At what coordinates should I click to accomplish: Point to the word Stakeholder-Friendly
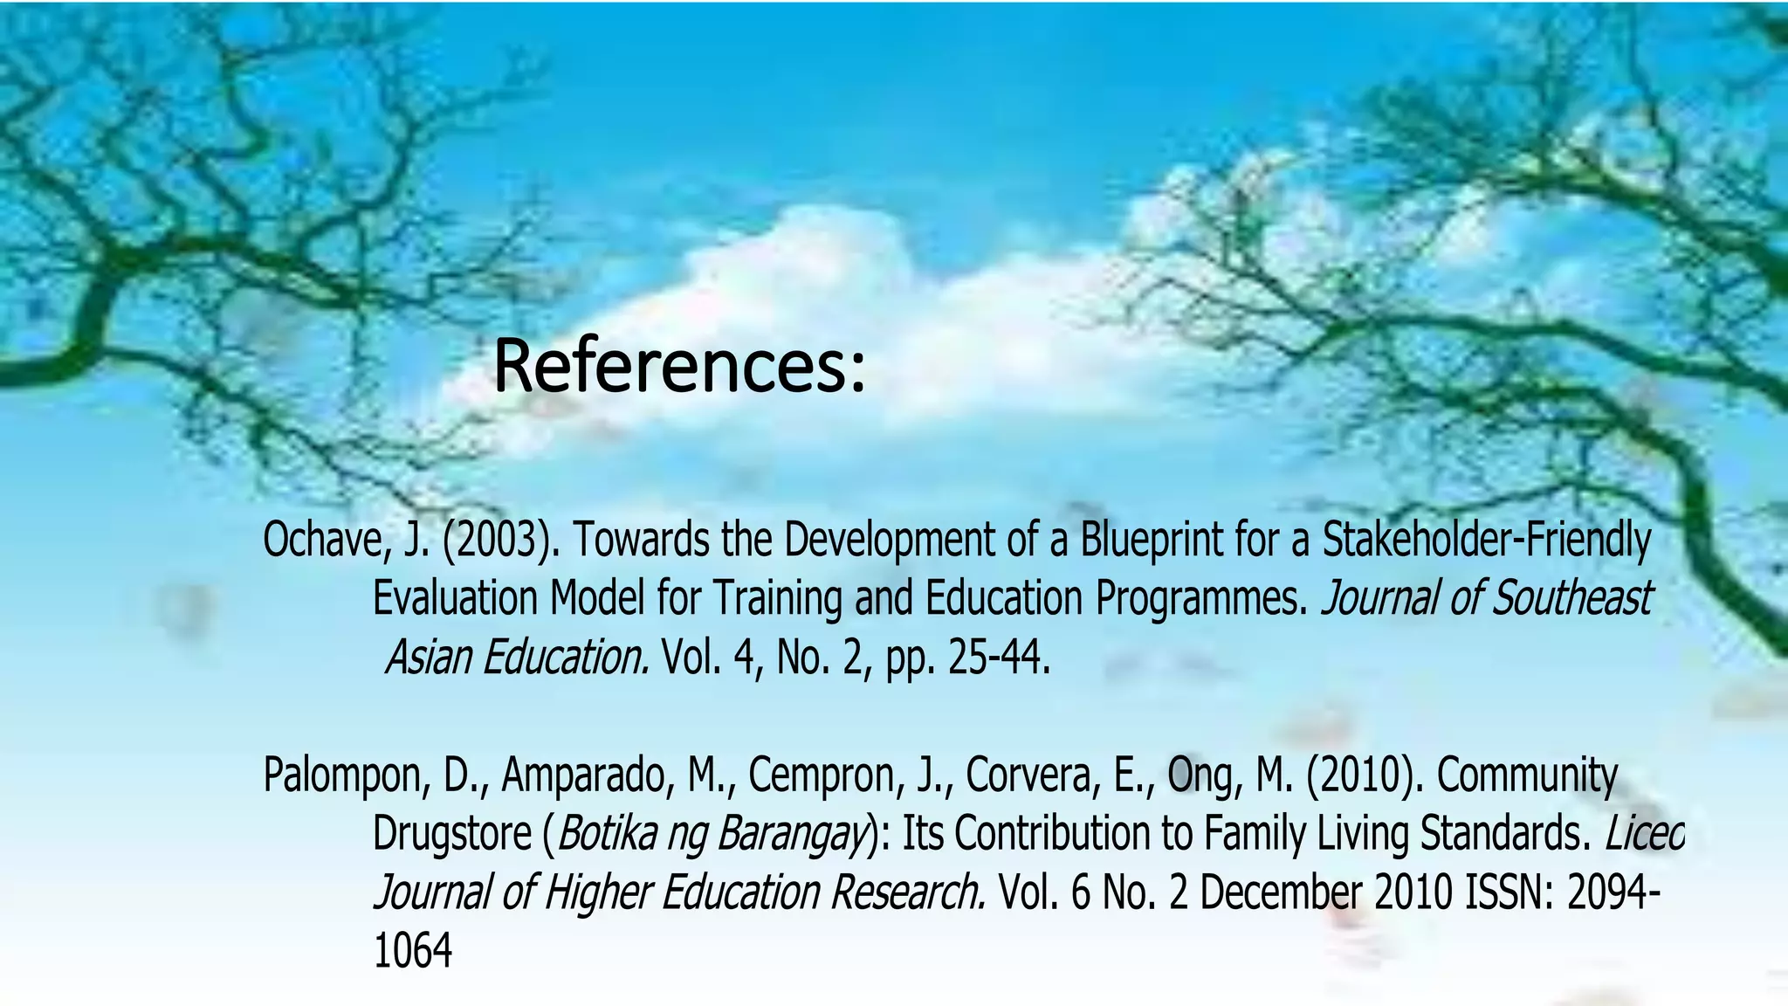point(1486,541)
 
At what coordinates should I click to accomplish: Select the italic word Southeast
point(1571,599)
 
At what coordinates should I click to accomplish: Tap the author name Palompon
point(341,775)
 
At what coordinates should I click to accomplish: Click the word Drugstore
point(451,834)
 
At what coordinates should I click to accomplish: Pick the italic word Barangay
point(791,834)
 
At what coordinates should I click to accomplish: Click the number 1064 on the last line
point(412,951)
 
